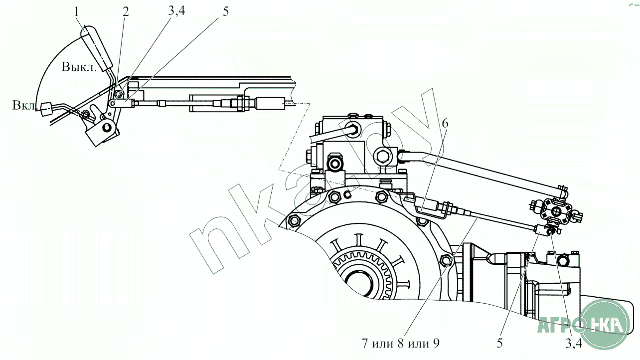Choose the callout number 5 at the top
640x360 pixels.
coord(225,12)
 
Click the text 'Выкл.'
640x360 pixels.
coord(79,67)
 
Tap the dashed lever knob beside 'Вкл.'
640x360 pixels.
coord(47,108)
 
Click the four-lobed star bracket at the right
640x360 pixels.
coord(553,209)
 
